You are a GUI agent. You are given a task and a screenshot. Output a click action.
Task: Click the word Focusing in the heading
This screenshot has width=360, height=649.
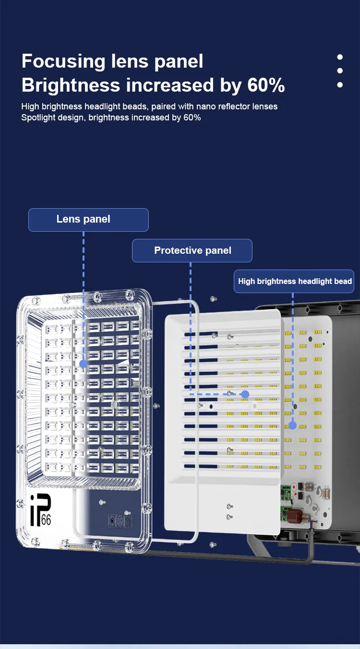coord(64,62)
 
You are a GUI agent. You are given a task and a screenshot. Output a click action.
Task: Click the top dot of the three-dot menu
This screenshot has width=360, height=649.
coord(340,57)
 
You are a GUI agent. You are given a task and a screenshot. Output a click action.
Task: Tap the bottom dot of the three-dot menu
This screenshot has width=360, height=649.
coord(340,85)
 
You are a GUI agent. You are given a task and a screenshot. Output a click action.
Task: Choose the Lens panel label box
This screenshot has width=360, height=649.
coord(88,220)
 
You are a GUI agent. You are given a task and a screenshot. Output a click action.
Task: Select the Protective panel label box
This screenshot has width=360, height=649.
coord(192,250)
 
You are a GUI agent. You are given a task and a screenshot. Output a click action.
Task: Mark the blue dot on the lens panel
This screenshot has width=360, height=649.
coord(83,364)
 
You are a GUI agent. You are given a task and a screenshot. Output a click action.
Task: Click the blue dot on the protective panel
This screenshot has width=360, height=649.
coord(245,394)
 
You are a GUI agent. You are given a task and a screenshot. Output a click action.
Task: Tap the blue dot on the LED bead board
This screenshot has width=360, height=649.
coord(292,425)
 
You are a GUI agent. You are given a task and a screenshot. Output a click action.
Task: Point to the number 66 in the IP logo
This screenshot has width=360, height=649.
coord(46,520)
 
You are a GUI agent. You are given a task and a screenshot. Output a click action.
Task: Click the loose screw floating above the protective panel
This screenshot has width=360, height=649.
coord(213,299)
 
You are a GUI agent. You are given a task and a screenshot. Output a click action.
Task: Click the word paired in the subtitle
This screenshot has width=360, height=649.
coord(163,106)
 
